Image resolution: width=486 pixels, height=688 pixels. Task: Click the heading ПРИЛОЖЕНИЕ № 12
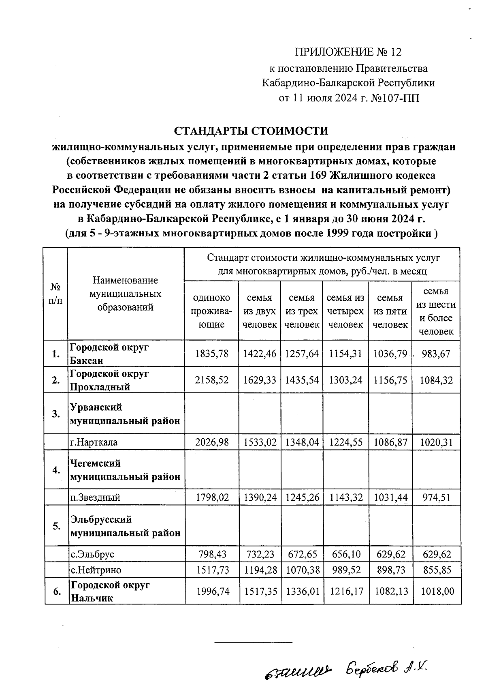pos(348,52)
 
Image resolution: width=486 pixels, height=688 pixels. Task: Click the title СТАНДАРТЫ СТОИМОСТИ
pos(251,131)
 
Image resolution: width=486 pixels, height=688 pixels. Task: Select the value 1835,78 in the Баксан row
pos(212,354)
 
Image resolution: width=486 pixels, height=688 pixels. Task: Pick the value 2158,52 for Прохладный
pos(212,380)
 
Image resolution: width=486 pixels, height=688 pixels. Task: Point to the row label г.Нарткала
pos(94,442)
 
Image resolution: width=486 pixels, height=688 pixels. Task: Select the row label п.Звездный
pos(95,497)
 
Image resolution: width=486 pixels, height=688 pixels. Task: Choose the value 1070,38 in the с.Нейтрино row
pos(302,570)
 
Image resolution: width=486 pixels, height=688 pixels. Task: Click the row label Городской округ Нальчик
pos(110,592)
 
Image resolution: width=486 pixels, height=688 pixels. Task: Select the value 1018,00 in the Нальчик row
pos(437,592)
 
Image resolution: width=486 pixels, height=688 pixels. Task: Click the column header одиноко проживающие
pos(212,311)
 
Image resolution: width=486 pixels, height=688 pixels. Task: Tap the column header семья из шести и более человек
pos(436,311)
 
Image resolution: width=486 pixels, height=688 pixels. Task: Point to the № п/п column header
pos(56,294)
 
